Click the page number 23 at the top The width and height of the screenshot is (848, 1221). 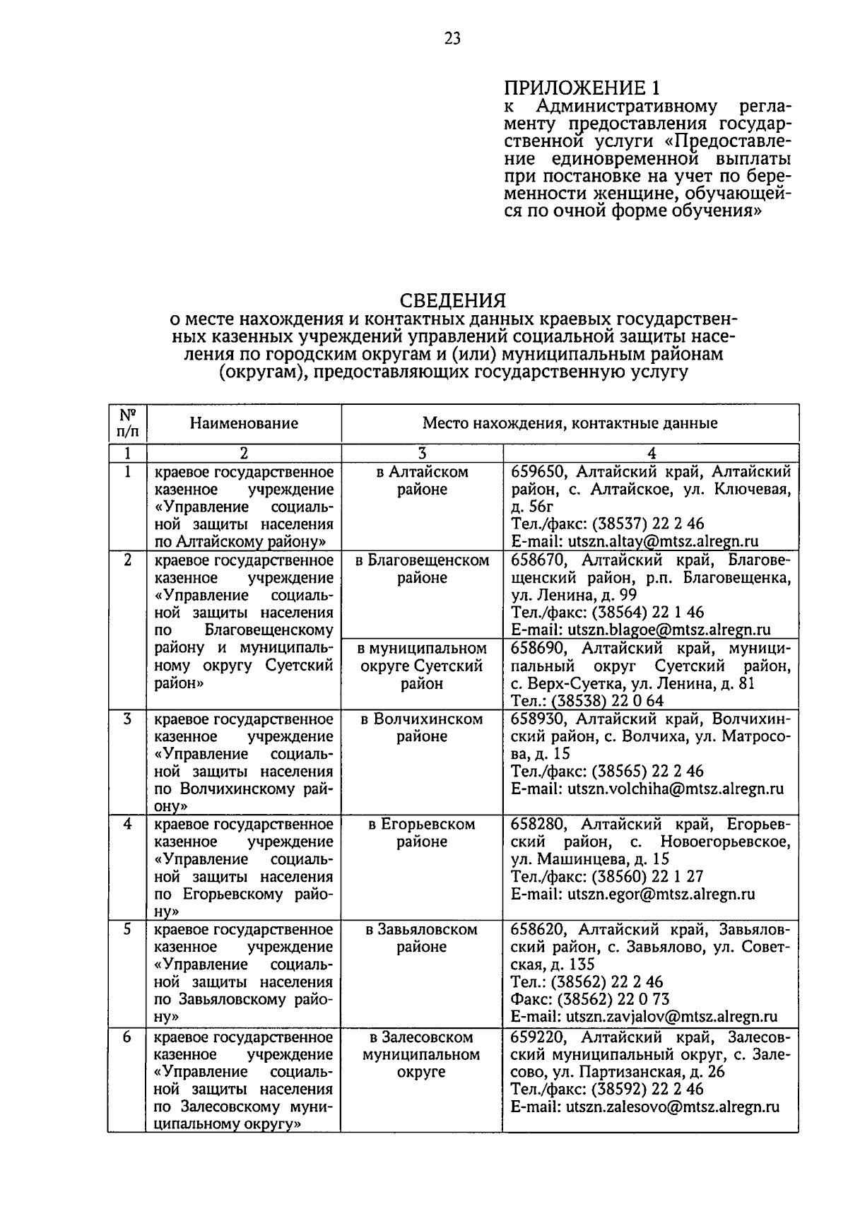coord(452,39)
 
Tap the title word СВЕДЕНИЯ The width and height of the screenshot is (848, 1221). coord(452,300)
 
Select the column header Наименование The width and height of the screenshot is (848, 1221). coord(244,423)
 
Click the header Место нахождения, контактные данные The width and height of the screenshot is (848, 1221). coord(570,423)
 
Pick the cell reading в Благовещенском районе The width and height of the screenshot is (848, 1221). coord(422,569)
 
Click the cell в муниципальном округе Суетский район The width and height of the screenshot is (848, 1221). coord(422,666)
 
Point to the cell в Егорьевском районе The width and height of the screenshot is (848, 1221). coord(422,833)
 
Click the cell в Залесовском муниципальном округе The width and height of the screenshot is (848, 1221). coord(422,1054)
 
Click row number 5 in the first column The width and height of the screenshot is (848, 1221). coord(127,930)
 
